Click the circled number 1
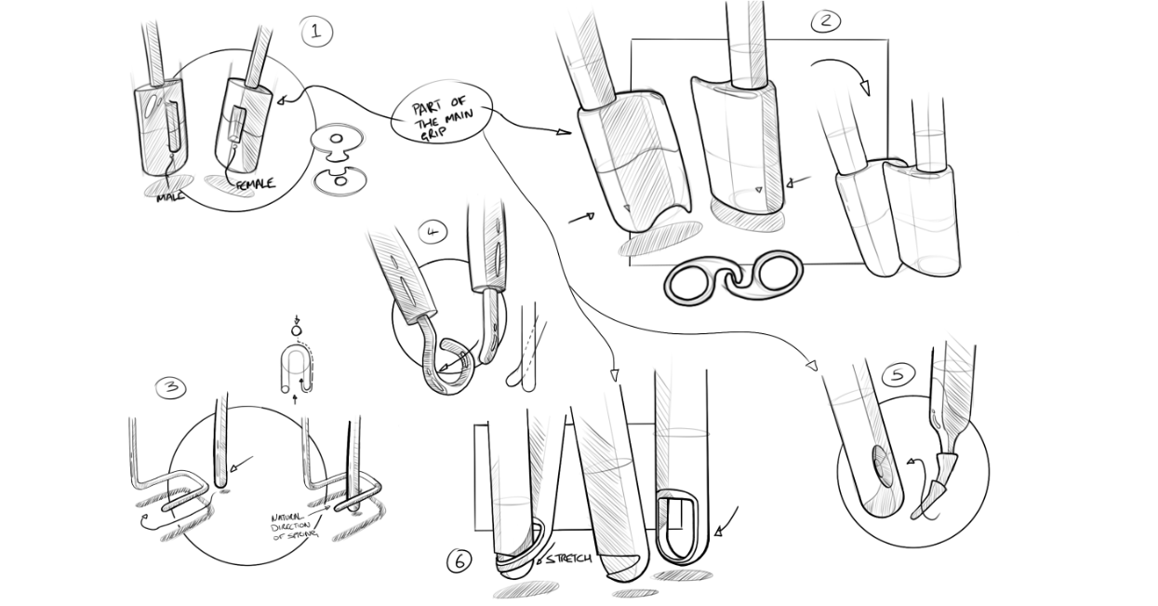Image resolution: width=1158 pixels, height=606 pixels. coord(315,33)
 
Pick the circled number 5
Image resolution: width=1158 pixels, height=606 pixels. coord(897,374)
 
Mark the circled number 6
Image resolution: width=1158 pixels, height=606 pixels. coord(459,561)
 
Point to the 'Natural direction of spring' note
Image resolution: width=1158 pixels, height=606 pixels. coord(294,526)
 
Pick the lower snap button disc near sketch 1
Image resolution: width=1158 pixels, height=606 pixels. coord(339,181)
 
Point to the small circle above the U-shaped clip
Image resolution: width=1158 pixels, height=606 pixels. coord(296,330)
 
